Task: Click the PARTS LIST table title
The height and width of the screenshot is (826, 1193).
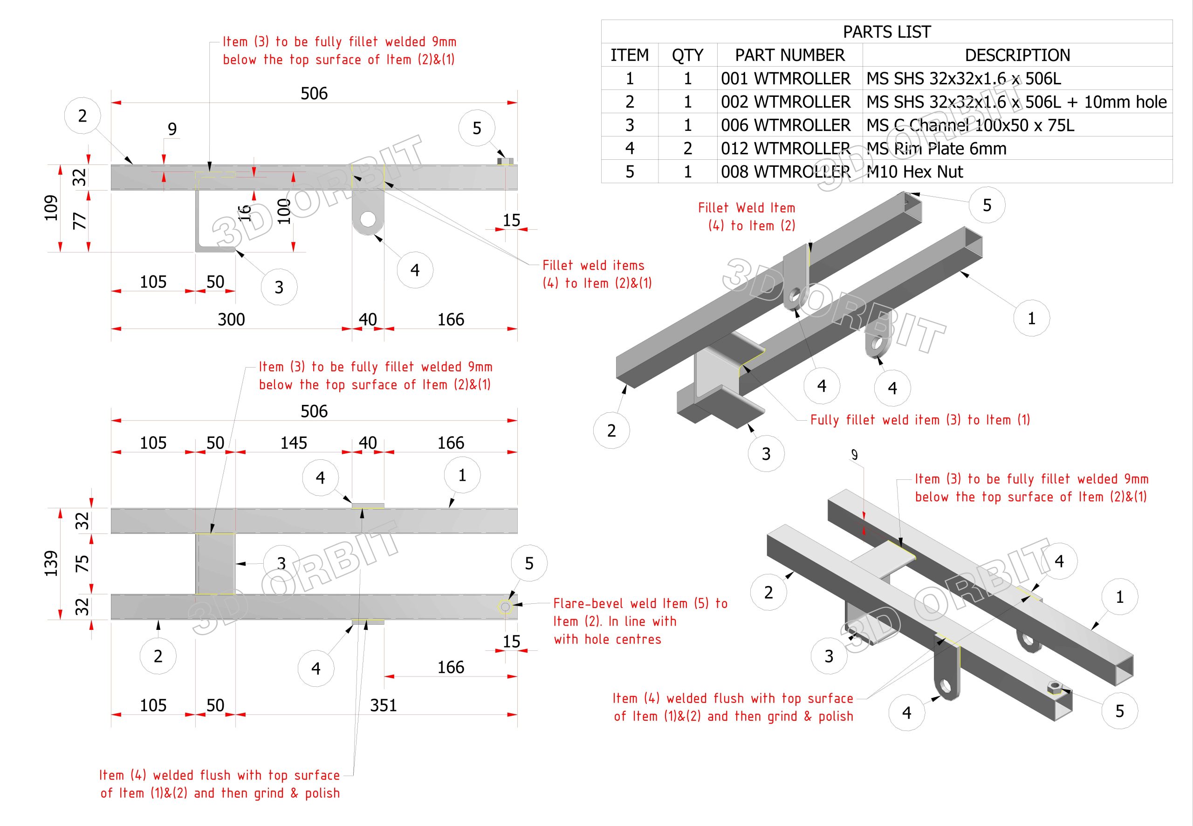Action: [x=887, y=32]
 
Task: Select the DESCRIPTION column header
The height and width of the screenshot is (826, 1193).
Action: [x=1017, y=55]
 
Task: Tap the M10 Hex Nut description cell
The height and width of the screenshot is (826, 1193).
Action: [x=914, y=172]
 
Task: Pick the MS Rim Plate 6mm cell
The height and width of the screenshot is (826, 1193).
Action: [x=936, y=149]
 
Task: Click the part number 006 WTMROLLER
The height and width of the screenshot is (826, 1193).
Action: [x=785, y=125]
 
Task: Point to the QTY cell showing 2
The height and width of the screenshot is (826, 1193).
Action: [x=687, y=149]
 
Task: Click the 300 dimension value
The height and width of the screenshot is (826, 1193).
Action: [x=231, y=319]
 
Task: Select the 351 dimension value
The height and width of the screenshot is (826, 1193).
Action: [x=383, y=705]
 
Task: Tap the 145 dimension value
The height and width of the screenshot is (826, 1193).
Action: [x=294, y=443]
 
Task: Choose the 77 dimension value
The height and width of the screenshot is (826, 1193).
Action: [x=80, y=221]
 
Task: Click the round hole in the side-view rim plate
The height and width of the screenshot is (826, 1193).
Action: [x=368, y=219]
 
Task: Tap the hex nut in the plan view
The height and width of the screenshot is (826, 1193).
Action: [x=505, y=607]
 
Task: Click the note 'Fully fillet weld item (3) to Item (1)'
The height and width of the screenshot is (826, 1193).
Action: [x=920, y=420]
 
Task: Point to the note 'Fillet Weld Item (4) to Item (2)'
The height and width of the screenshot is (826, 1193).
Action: [x=747, y=217]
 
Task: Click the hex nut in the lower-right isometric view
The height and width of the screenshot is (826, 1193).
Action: [x=1054, y=688]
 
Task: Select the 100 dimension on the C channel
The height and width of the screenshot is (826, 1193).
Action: [x=284, y=211]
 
